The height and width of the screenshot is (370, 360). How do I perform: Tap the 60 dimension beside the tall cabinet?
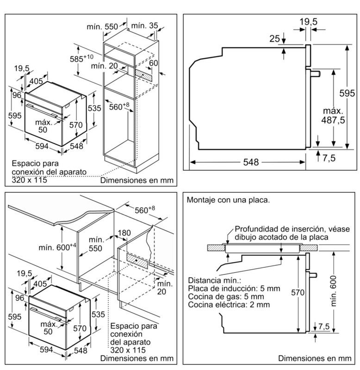coord(154,63)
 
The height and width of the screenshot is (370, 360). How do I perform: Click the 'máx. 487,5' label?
coord(333,116)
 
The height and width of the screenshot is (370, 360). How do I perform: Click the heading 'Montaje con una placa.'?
coord(228,200)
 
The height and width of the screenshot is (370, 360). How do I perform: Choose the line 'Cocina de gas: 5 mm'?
coord(226,296)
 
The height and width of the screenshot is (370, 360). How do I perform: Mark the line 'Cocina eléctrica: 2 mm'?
coord(229,305)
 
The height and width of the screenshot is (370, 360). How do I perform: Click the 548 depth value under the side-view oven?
coord(248,163)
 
